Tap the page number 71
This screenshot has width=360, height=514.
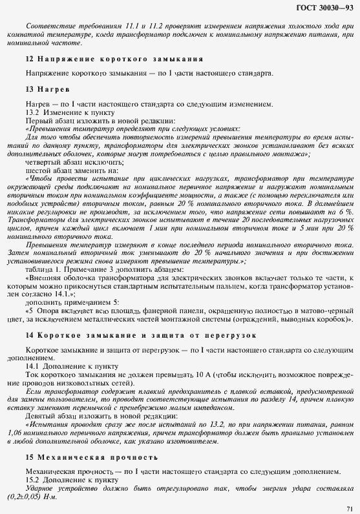(349, 507)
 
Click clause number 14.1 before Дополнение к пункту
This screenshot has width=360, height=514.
(34, 367)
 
